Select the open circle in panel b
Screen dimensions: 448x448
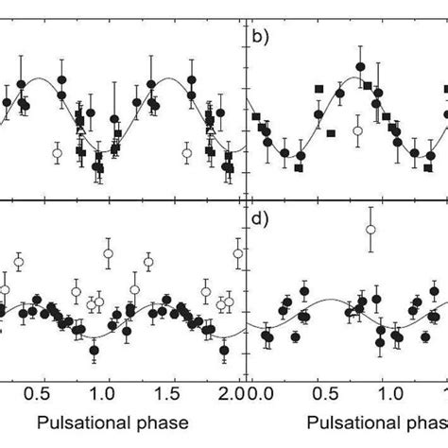[x=356, y=130]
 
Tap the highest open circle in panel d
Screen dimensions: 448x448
[x=370, y=230]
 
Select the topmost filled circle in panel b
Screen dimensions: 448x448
[x=360, y=67]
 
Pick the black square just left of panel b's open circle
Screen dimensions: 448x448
[x=331, y=133]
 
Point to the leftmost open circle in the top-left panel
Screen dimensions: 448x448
[x=58, y=152]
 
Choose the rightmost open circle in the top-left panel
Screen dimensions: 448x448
[x=186, y=152]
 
